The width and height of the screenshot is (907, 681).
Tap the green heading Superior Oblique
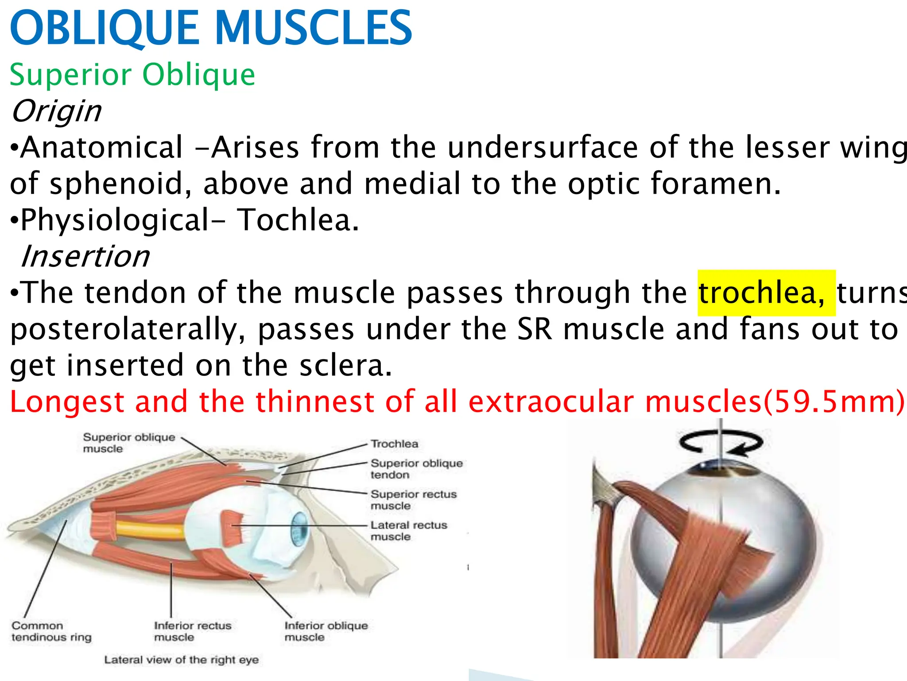point(132,74)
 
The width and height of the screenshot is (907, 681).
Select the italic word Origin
point(56,111)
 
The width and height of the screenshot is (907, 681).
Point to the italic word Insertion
point(85,256)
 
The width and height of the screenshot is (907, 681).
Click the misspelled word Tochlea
point(298,220)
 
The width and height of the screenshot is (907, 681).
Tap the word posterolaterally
point(128,329)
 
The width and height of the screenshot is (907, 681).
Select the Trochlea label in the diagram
point(394,444)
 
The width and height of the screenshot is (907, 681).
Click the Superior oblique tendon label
point(416,469)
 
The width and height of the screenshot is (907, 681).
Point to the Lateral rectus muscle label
point(408,531)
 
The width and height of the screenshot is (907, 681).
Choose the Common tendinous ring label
point(51,631)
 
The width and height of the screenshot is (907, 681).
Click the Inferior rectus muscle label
point(192,631)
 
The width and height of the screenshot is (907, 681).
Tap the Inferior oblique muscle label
point(326,631)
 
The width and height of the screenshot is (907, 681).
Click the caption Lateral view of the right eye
point(181,660)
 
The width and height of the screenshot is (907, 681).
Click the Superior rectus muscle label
point(413,500)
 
